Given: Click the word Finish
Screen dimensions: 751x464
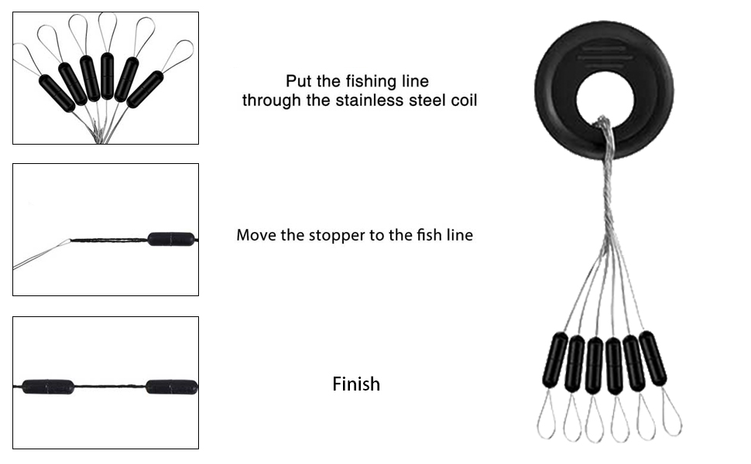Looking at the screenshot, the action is point(356,384).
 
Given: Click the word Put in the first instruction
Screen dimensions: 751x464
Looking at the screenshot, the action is point(298,81).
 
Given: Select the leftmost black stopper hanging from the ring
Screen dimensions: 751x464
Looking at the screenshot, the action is point(554,360).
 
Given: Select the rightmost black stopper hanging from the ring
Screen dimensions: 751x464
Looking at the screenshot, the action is point(653,358).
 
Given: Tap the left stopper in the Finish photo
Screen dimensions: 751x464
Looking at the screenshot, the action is point(48,387).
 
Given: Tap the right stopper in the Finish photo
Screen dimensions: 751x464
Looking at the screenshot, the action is point(171,387).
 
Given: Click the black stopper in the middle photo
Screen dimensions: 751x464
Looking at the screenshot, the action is point(171,239).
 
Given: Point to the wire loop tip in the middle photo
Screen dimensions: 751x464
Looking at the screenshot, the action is point(70,241).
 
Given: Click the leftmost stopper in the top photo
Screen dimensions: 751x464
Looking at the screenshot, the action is point(57,93).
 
